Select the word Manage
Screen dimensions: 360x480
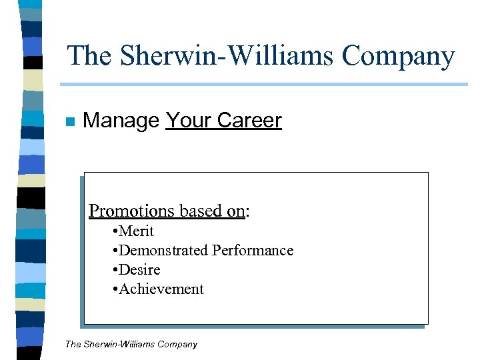click(x=121, y=121)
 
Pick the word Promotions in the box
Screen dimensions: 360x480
click(x=131, y=211)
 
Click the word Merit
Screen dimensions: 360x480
click(x=137, y=231)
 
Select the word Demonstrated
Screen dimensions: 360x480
click(x=163, y=251)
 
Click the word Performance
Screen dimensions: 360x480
click(x=253, y=251)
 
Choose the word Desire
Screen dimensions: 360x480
click(x=140, y=270)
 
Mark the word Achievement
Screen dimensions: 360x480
click(x=161, y=289)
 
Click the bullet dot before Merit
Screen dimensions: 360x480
click(x=115, y=232)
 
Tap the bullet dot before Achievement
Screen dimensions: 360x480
click(x=115, y=290)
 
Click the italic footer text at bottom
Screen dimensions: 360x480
click(x=131, y=345)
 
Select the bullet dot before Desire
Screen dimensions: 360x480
click(x=115, y=271)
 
